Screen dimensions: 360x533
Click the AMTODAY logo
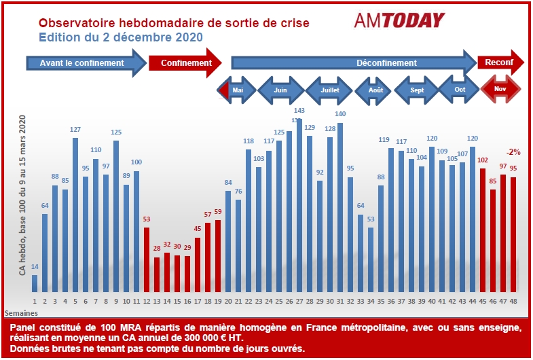tap(399, 20)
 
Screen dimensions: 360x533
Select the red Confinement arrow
tap(185, 62)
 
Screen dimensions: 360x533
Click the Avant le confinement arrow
tap(86, 62)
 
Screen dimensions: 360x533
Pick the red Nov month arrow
tap(500, 89)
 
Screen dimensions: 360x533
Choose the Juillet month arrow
tap(331, 90)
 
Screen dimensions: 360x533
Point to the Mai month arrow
tap(237, 90)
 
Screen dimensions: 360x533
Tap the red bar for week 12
tap(147, 259)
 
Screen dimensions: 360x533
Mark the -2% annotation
tap(513, 152)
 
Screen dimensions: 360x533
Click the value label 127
tap(75, 130)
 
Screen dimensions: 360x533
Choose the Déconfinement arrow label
tap(386, 62)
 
